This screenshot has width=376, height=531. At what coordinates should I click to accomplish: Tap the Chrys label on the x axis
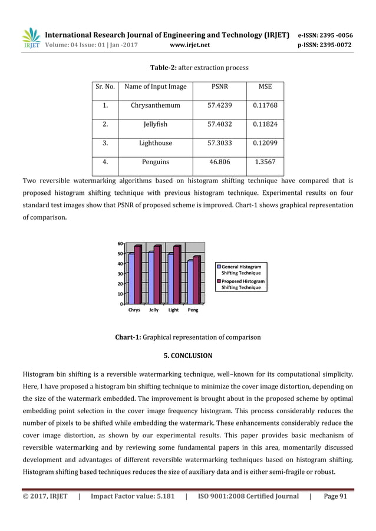tap(134, 310)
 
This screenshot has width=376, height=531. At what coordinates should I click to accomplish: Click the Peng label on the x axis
tap(193, 310)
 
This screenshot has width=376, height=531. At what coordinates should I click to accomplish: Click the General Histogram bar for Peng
tap(190, 282)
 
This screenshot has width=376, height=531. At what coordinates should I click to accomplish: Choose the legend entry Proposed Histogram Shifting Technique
tap(241, 284)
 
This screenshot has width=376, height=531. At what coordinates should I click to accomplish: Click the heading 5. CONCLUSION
tap(187, 356)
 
